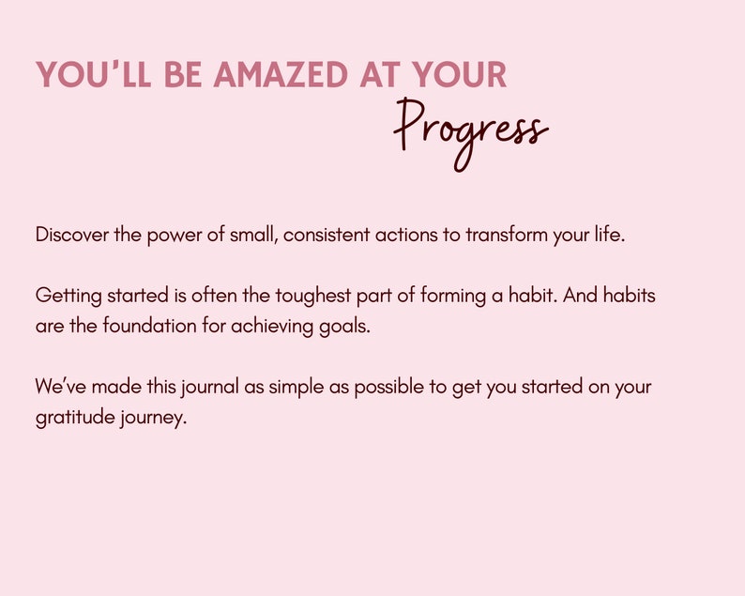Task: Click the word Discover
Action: pyautogui.click(x=72, y=235)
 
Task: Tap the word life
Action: pyautogui.click(x=608, y=235)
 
